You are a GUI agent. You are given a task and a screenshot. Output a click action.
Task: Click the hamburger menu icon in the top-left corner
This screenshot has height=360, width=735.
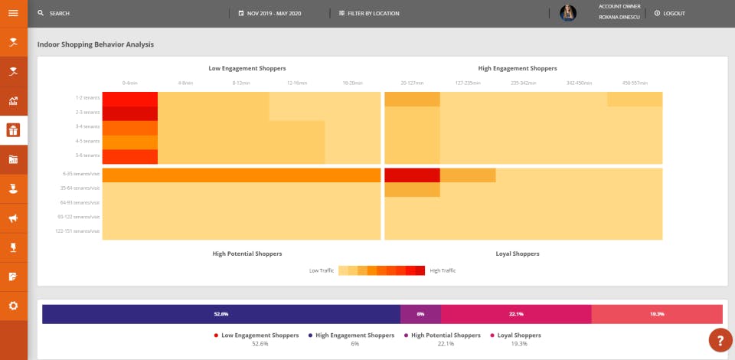pyautogui.click(x=13, y=13)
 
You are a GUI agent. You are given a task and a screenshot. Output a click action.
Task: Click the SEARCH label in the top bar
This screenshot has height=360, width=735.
pyautogui.click(x=59, y=14)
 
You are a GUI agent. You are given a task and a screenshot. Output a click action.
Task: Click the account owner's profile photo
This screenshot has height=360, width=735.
pyautogui.click(x=568, y=13)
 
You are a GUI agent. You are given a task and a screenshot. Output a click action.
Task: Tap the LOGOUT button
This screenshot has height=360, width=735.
pyautogui.click(x=670, y=14)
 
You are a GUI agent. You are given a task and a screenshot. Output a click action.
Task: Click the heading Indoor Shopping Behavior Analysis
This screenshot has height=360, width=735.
pyautogui.click(x=96, y=44)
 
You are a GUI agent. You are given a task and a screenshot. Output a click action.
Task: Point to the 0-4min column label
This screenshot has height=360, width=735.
pyautogui.click(x=129, y=83)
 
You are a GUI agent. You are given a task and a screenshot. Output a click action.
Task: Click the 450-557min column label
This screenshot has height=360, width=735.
pyautogui.click(x=635, y=83)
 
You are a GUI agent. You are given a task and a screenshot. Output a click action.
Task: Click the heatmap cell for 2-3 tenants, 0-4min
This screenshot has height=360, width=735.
pyautogui.click(x=129, y=113)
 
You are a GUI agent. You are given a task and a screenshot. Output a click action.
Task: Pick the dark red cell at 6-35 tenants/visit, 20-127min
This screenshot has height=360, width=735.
pyautogui.click(x=412, y=175)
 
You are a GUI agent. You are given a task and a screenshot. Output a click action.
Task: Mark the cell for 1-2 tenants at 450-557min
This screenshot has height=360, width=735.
pyautogui.click(x=635, y=99)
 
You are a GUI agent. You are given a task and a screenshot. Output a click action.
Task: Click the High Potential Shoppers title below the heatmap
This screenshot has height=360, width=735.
pyautogui.click(x=247, y=253)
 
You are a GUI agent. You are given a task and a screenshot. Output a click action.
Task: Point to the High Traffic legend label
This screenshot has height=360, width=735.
pyautogui.click(x=443, y=270)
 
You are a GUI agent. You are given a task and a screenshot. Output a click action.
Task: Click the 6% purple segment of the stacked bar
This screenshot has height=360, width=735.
pyautogui.click(x=420, y=314)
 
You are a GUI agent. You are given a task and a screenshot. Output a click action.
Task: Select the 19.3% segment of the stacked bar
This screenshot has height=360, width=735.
pyautogui.click(x=657, y=314)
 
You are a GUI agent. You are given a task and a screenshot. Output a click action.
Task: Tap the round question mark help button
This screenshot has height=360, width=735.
pyautogui.click(x=720, y=339)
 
